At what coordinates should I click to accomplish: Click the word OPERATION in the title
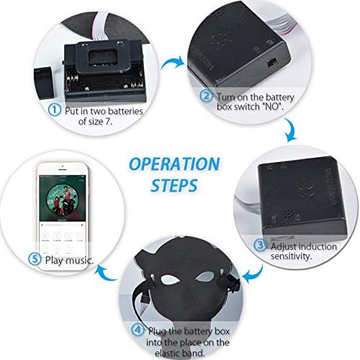click(x=174, y=164)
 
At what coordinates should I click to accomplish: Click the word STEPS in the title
click(x=174, y=185)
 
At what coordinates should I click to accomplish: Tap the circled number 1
click(x=55, y=110)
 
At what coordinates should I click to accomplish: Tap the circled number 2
click(x=206, y=96)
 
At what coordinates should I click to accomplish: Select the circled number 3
click(x=260, y=246)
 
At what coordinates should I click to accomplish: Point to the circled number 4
click(x=138, y=330)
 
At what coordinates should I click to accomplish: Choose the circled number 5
click(x=35, y=258)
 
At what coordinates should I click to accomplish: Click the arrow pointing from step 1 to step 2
click(x=173, y=63)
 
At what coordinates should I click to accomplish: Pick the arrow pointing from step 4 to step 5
click(x=106, y=274)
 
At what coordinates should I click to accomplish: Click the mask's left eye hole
click(x=170, y=279)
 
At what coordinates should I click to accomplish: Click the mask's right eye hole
click(x=204, y=276)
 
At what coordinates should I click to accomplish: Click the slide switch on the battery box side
click(x=272, y=63)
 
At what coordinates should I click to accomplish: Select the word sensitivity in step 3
click(x=292, y=256)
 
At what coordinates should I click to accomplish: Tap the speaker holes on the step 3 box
click(x=287, y=213)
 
